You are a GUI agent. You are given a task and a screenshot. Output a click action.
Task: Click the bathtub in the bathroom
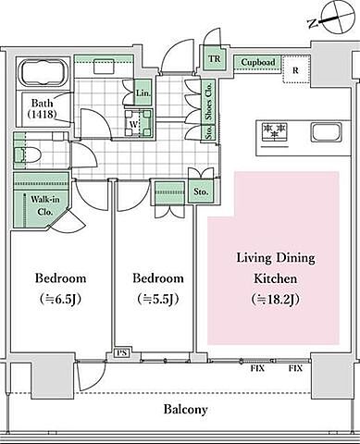pos(43,73)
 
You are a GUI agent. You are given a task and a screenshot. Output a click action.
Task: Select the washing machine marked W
pos(139,123)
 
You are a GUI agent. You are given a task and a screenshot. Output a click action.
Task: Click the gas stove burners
pos(274,132)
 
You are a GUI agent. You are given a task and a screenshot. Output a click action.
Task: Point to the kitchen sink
pos(327,132)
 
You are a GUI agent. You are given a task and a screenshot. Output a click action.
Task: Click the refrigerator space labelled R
pos(296,70)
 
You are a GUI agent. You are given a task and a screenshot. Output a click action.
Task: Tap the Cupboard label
pos(258,62)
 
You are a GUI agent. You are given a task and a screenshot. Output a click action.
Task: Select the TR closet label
pos(215,58)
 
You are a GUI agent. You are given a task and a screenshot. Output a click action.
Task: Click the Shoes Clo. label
pos(209,102)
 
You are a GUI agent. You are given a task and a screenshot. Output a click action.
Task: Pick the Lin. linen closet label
pos(143,92)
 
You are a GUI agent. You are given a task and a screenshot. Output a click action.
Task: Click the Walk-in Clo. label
pos(45,205)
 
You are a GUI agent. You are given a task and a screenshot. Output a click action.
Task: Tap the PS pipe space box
pos(122,352)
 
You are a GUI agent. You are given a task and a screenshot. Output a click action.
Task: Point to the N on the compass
pos(313,23)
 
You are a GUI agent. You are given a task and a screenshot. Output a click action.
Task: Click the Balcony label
pos(186,410)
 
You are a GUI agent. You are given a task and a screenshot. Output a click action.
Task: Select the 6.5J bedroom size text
pos(60,299)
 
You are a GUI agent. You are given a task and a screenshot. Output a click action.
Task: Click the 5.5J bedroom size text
pos(158,299)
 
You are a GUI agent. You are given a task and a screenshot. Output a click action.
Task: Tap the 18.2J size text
pos(276,299)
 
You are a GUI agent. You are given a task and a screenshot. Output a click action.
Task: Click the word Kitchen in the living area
pos(276,278)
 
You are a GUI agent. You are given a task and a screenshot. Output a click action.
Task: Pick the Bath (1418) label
pos(43,108)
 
